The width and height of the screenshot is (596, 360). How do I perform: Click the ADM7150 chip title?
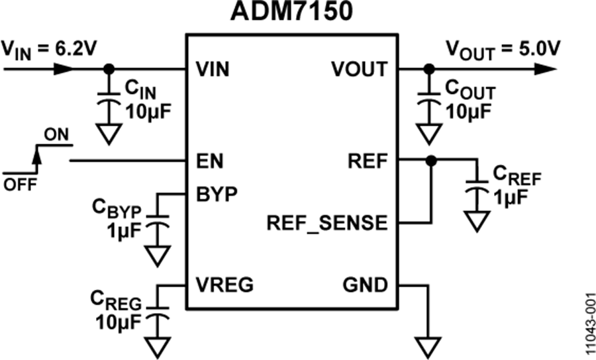click(x=291, y=11)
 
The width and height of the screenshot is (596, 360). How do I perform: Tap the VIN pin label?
click(x=213, y=69)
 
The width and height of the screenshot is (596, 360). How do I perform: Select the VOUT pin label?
click(x=359, y=69)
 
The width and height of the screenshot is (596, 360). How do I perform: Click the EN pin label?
click(x=209, y=161)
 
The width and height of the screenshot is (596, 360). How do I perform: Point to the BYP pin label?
click(x=217, y=194)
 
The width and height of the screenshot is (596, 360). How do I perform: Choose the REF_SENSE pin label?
click(x=327, y=223)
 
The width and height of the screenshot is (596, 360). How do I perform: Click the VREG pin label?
click(x=224, y=285)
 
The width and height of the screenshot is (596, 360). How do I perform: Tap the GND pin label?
click(x=366, y=285)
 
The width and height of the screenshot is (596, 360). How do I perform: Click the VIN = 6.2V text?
click(x=48, y=50)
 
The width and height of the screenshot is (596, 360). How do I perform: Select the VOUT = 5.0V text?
click(x=503, y=50)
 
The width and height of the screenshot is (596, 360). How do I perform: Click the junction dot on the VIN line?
click(x=109, y=69)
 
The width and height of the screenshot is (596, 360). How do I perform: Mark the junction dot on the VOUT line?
click(x=429, y=69)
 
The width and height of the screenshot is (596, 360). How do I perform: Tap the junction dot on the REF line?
click(x=431, y=161)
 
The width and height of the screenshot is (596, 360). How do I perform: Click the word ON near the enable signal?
click(x=56, y=135)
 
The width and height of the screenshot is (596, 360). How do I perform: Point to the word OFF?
click(x=20, y=185)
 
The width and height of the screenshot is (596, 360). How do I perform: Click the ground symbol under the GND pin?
click(x=428, y=347)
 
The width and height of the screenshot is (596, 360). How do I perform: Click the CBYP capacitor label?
click(x=117, y=209)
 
